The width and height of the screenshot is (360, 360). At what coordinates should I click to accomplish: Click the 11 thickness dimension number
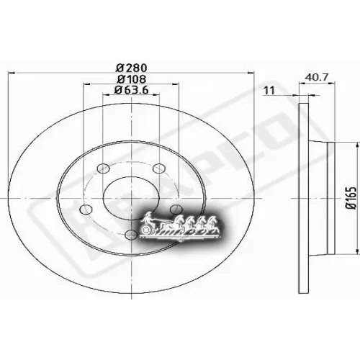tap(270, 90)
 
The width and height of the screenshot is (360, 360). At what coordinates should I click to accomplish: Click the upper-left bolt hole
tap(100, 170)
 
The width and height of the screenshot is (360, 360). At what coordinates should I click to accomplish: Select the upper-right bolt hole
tap(161, 170)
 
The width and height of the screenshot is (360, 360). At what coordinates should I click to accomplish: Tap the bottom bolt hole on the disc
tap(130, 235)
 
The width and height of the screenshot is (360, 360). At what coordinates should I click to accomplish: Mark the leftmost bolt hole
tap(86, 210)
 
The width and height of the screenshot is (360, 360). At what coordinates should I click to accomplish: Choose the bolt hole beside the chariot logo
tap(175, 209)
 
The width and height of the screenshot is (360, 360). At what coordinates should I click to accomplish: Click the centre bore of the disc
tap(130, 195)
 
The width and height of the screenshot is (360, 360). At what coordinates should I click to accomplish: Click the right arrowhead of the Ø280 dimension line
tap(254, 73)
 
